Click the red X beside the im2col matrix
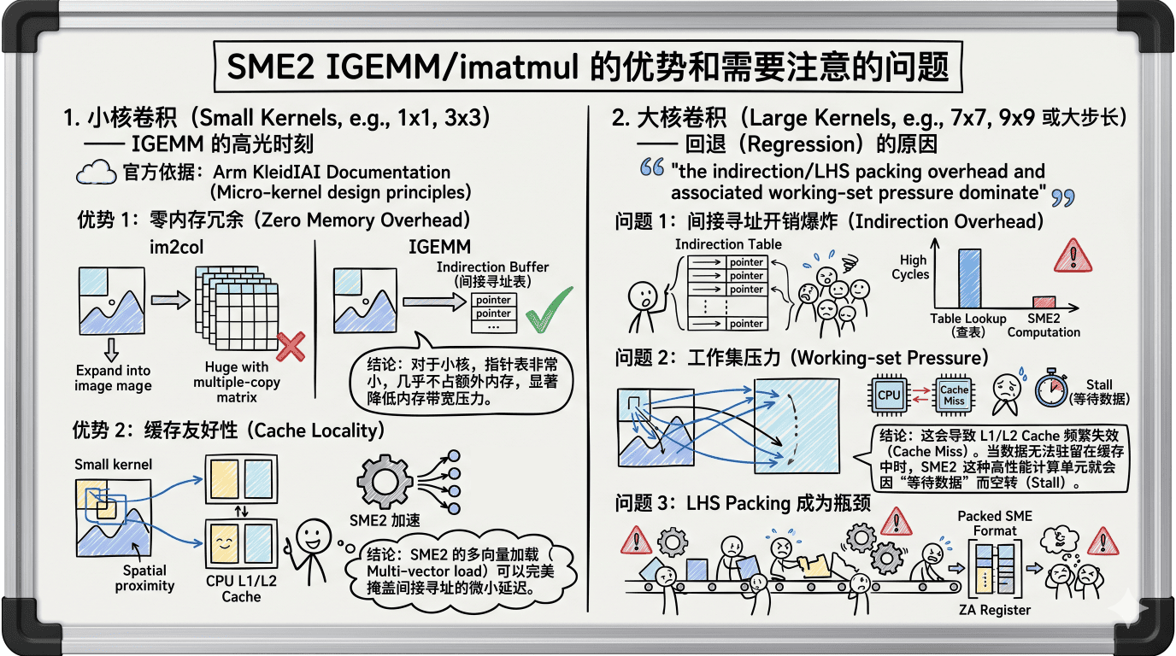[291, 347]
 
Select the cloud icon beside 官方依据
[96, 173]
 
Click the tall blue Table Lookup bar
[969, 278]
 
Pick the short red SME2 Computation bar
[1044, 302]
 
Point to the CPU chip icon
[889, 395]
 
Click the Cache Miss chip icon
[954, 395]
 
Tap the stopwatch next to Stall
[1051, 389]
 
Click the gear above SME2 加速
[385, 481]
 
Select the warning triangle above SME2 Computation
[1073, 256]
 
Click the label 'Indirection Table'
[728, 244]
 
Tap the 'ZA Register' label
[994, 610]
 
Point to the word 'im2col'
[176, 247]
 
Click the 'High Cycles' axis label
[911, 267]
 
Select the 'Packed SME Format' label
[995, 524]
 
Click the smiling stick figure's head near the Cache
[314, 537]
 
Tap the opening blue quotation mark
[652, 167]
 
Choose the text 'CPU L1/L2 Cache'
[241, 589]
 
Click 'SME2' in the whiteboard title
[270, 67]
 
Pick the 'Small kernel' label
[113, 465]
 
